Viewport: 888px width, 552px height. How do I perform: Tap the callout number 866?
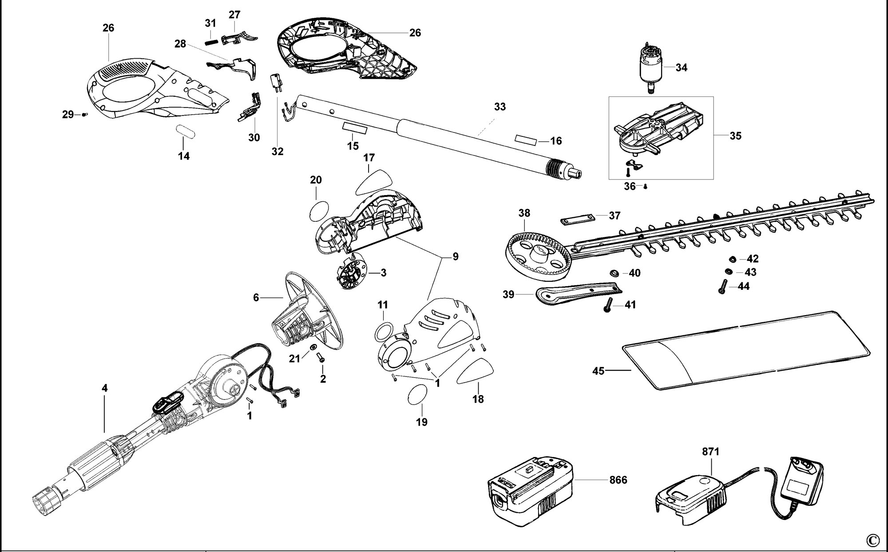coord(618,480)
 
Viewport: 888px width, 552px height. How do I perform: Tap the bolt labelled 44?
coord(722,286)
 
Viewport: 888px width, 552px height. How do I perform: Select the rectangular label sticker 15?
coord(355,128)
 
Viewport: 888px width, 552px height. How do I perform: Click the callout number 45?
coord(599,370)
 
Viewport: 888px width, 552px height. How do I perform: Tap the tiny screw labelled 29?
coord(84,115)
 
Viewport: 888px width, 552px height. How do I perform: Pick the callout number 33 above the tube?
coord(500,107)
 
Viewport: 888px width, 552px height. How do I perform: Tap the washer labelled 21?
coord(312,347)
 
